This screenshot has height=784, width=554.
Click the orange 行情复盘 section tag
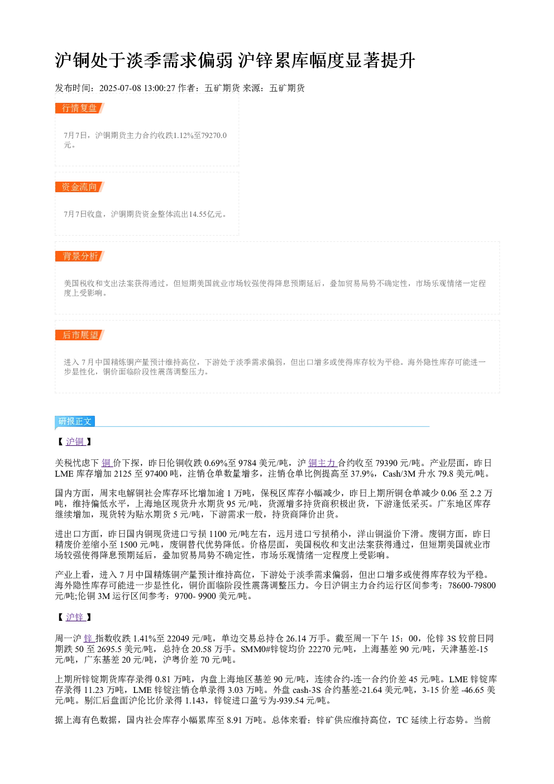tap(80, 108)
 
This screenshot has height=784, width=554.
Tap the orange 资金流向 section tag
tap(80, 187)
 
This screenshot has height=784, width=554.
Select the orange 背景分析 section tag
tap(80, 256)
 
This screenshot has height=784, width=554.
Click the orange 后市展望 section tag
tap(80, 335)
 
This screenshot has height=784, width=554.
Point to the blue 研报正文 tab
tap(75, 421)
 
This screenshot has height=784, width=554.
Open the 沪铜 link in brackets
tap(75, 441)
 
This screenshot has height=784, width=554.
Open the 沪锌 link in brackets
tap(75, 617)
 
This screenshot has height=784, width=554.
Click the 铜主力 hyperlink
tap(322, 463)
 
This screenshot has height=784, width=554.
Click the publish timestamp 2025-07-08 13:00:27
tap(137, 88)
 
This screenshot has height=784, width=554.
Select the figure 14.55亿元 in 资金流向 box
tap(206, 214)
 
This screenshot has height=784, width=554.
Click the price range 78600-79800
tap(472, 586)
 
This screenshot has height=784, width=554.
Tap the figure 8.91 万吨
tap(245, 720)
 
